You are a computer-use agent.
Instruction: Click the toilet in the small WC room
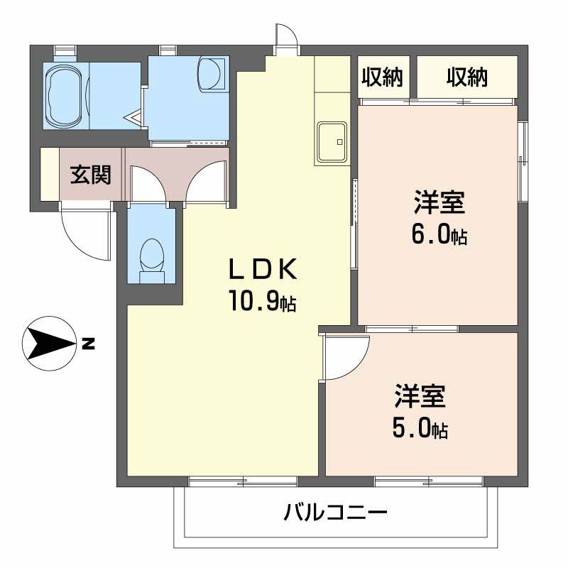coord(151,256)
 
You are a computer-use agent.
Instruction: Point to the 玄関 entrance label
coord(90,175)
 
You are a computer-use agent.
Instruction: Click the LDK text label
coord(261,271)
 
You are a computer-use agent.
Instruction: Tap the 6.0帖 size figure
coord(439,235)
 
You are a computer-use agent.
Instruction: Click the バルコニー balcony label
coord(336,511)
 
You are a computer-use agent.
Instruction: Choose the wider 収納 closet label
coord(466,77)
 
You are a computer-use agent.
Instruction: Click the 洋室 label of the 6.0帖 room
coord(439,202)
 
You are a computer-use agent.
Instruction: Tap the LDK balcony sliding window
coord(242,481)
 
